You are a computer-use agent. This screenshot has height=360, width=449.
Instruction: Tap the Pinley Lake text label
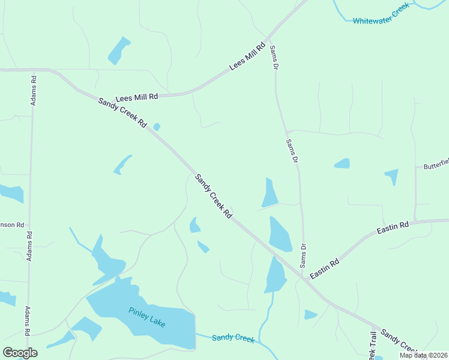tap(146, 317)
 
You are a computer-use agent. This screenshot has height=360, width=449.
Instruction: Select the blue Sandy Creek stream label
tap(233, 338)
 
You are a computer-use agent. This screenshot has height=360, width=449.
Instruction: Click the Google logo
tap(20, 353)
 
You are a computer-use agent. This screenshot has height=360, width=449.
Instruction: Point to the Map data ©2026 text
tap(423, 355)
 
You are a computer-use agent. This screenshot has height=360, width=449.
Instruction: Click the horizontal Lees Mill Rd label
tap(136, 97)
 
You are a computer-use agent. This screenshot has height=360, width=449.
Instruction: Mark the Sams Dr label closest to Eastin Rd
tap(303, 255)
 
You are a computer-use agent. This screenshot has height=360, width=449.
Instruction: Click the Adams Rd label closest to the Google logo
tap(28, 321)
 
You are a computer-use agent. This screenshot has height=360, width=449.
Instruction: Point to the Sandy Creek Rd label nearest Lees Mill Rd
tap(122, 112)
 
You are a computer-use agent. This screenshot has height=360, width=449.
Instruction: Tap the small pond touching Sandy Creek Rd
tap(157, 127)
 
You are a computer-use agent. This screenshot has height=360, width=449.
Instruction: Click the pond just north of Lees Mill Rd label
tap(118, 50)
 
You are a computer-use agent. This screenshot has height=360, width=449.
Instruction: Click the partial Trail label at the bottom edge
tap(373, 347)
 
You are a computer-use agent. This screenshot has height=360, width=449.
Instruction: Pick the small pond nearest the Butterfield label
tap(391, 176)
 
